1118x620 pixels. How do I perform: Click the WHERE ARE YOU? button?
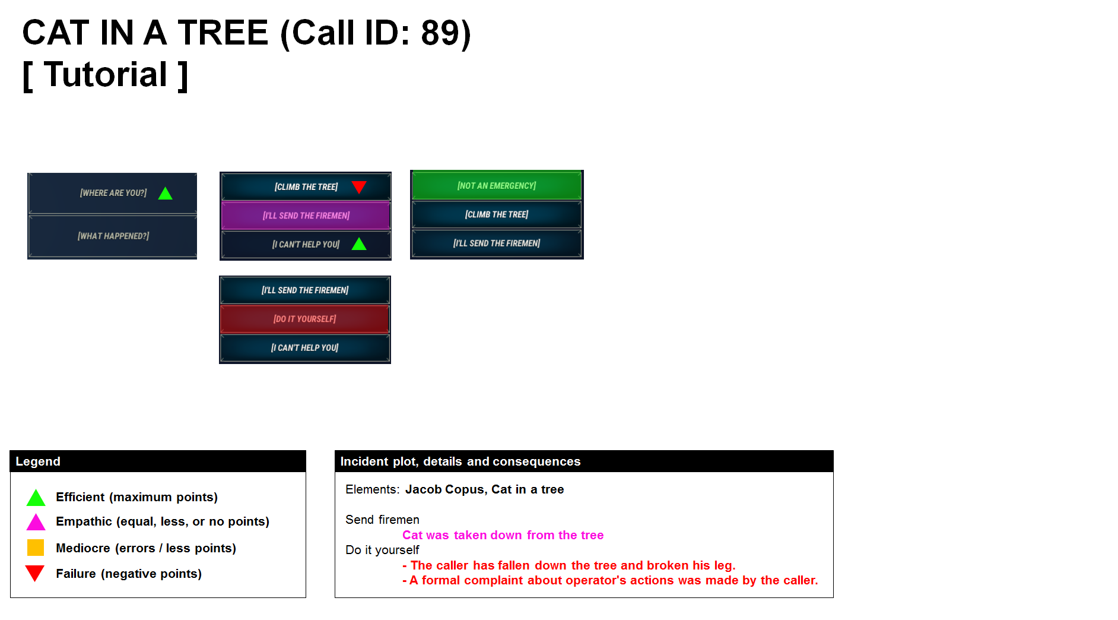pos(113,193)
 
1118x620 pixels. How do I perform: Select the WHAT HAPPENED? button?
pos(113,236)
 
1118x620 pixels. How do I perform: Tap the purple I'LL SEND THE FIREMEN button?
pos(306,216)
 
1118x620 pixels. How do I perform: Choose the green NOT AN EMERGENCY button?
pos(496,186)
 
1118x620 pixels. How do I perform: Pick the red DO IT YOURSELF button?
pos(304,319)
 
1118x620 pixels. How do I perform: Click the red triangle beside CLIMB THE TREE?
pos(359,187)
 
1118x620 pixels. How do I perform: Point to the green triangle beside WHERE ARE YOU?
pos(166,194)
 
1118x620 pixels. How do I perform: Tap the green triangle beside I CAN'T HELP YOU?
pos(359,244)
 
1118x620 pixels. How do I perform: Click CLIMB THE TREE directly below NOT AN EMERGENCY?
pos(496,214)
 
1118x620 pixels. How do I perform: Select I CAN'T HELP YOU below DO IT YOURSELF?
pos(304,348)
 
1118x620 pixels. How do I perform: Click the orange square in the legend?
pos(36,547)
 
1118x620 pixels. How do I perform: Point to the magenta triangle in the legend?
pos(36,522)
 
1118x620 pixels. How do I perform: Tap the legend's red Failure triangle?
pos(35,573)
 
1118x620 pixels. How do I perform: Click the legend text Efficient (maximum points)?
pos(136,497)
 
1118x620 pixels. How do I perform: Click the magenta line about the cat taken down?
pos(503,535)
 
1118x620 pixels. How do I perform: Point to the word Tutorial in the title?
pos(106,75)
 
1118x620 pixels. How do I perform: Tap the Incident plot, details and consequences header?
pos(460,461)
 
